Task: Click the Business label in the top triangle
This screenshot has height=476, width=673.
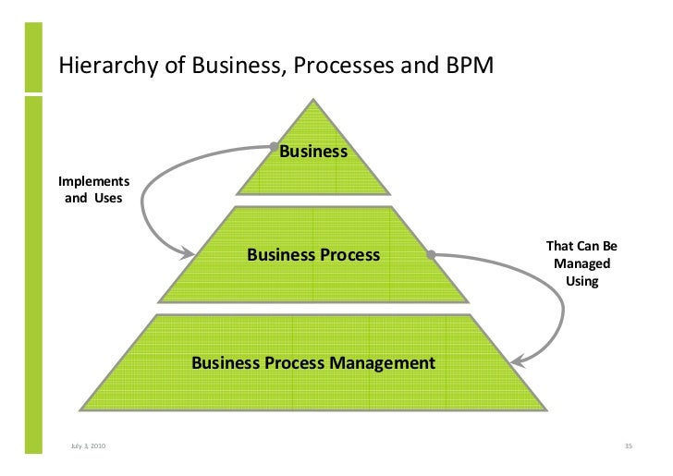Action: (313, 151)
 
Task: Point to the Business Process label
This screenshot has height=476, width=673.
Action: (313, 254)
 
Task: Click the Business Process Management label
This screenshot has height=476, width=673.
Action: (313, 362)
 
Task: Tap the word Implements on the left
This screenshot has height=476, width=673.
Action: (93, 181)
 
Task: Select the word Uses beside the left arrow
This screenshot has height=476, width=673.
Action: (107, 198)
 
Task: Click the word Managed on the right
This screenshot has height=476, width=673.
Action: (581, 264)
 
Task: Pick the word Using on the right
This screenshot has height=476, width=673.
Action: (581, 281)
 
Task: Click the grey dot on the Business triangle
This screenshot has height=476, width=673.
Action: (273, 145)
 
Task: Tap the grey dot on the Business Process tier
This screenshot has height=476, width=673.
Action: (431, 253)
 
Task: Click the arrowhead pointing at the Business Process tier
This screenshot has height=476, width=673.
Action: (187, 250)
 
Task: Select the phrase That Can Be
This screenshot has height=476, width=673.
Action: (581, 247)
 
